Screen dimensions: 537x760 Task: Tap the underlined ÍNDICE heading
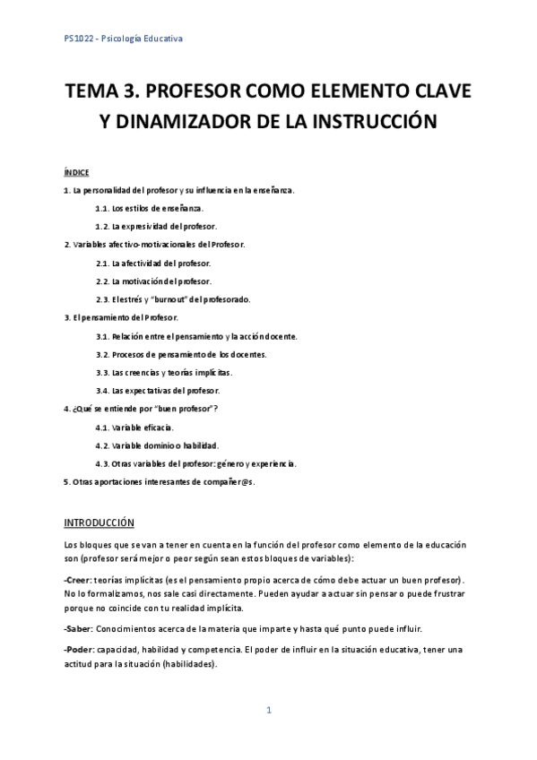coord(76,172)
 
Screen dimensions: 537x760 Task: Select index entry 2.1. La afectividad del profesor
coord(153,263)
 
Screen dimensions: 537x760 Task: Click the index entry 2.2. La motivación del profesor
coord(153,281)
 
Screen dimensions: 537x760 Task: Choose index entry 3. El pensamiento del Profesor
coord(121,317)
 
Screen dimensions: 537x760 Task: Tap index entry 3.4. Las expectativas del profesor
coord(157,391)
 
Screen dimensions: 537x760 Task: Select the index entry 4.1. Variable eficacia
coord(134,427)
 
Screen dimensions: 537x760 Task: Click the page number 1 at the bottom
coord(268,711)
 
